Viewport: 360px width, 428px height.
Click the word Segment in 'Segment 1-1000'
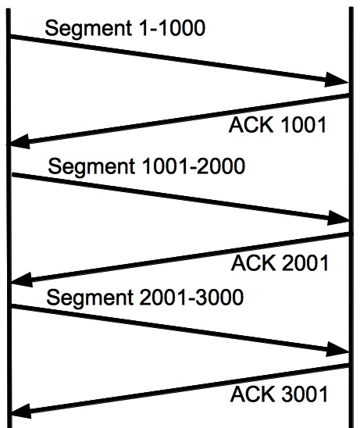88,28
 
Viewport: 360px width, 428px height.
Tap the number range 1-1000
172,28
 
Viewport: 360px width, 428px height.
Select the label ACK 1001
277,125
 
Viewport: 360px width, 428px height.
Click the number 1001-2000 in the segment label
194,166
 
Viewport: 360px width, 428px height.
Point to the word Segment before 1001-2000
91,167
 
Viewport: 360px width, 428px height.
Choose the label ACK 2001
280,263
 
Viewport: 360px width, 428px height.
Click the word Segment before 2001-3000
90,298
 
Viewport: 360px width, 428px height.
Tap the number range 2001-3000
191,297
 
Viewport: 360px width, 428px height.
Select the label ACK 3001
279,394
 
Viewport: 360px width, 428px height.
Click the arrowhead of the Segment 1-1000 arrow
337,80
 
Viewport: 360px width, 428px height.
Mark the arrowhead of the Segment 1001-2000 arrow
338,218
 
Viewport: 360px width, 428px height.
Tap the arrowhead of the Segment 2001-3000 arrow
337,349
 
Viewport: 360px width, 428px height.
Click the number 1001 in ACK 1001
303,125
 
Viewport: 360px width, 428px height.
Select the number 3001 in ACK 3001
304,394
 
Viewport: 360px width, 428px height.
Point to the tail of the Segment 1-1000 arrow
10,36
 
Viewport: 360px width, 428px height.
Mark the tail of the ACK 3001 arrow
349,366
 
